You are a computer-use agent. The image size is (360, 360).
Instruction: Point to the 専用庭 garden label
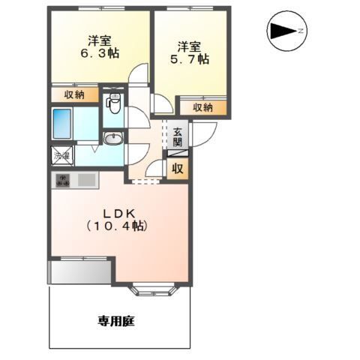tap(115, 321)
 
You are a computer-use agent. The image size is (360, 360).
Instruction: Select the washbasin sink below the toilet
tap(113, 138)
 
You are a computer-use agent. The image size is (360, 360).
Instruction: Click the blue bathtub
tap(62, 123)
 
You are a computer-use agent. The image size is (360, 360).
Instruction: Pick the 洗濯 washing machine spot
tap(61, 156)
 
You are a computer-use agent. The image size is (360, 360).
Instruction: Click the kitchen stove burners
tap(62, 180)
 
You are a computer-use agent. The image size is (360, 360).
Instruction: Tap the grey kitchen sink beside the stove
tap(85, 180)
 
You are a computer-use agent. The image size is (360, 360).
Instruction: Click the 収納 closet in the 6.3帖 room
tap(74, 94)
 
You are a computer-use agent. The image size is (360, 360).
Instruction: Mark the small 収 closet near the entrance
tap(178, 168)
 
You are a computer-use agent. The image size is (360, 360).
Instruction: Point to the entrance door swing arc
tap(205, 132)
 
